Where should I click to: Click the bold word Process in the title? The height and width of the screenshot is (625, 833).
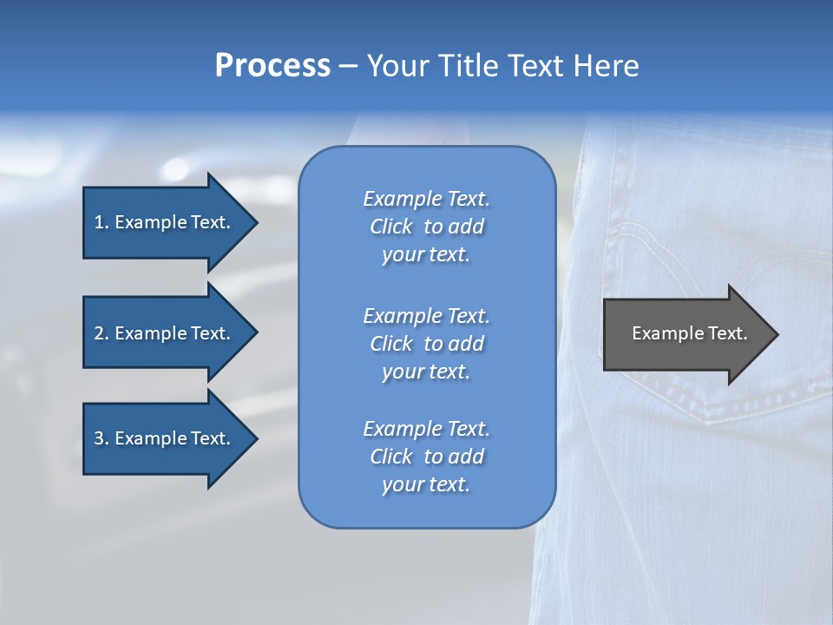272,66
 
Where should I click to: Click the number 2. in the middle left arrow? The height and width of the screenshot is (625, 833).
102,333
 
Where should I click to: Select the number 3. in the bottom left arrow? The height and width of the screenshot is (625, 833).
102,438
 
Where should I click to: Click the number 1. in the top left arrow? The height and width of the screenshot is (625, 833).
101,222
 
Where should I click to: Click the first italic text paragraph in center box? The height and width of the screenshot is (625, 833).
426,227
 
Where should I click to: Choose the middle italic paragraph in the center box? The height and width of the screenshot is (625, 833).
426,344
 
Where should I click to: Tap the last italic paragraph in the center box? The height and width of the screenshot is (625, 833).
426,457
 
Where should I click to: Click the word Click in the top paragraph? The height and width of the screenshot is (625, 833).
390,227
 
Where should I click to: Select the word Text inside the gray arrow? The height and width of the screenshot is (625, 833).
727,333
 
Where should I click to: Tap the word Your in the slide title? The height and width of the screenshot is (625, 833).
396,66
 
